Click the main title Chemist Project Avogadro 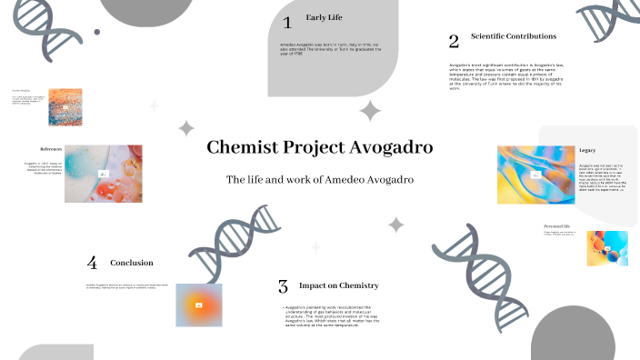click(x=319, y=147)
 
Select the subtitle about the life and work click(x=319, y=180)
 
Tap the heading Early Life click(x=324, y=17)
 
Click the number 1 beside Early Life click(x=287, y=22)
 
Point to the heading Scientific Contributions click(x=513, y=36)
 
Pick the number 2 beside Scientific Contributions click(x=454, y=41)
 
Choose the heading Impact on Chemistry click(x=338, y=285)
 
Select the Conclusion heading click(x=132, y=263)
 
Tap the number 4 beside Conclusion click(x=92, y=263)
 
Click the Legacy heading click(x=587, y=150)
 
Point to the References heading click(x=50, y=148)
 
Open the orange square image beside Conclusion click(x=198, y=305)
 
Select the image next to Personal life click(x=607, y=248)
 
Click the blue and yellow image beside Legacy click(x=536, y=175)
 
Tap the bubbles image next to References click(x=104, y=173)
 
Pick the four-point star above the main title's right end click(x=370, y=111)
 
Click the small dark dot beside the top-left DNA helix click(x=96, y=32)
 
